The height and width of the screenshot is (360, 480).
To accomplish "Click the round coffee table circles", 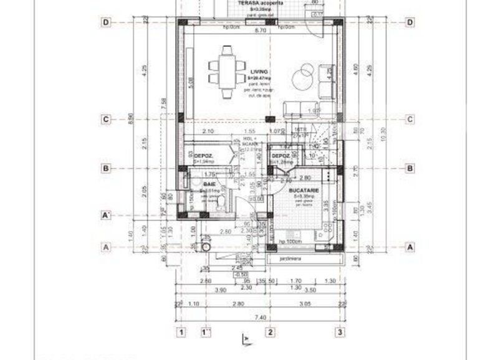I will tap(305, 73).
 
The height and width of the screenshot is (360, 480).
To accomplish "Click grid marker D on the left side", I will tap(107, 22).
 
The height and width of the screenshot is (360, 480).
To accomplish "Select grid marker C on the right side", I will tap(410, 119).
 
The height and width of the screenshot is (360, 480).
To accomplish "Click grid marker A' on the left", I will tap(107, 216).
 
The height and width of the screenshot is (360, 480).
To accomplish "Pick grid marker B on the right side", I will tap(410, 168).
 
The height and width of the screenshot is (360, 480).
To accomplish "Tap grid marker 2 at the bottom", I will tap(270, 332).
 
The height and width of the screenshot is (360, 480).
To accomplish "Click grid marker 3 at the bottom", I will tap(340, 332).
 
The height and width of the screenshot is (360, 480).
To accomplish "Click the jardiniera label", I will tap(291, 258).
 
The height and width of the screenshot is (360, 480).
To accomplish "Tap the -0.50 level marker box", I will tap(240, 274).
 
